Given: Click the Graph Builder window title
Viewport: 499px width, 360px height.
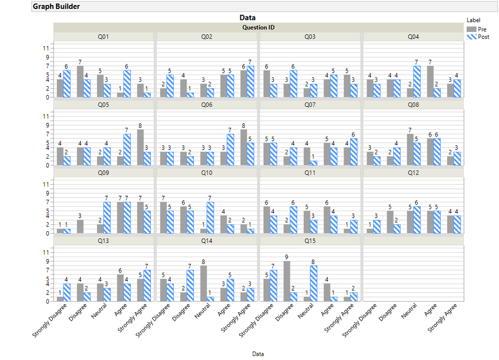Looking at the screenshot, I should pos(56,6).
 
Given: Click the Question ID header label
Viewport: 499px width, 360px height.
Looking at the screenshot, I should pos(258,27).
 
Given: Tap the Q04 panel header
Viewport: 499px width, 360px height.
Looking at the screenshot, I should pos(413,37).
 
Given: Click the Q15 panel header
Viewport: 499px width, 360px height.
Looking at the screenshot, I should pos(310,241).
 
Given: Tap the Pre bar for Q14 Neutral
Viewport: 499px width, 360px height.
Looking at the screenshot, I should pos(204,283).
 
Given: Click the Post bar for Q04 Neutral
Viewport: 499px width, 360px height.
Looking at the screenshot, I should pos(417,81).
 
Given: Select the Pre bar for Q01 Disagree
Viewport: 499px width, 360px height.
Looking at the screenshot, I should pos(80,81).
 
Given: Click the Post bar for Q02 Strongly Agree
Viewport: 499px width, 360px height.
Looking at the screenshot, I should pos(250,81).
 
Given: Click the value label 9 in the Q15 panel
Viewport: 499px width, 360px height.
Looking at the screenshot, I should pos(287,257).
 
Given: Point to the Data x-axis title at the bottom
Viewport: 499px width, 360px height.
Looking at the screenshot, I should pos(258,354).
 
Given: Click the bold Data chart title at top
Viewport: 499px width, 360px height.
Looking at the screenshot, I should pos(247,17).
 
